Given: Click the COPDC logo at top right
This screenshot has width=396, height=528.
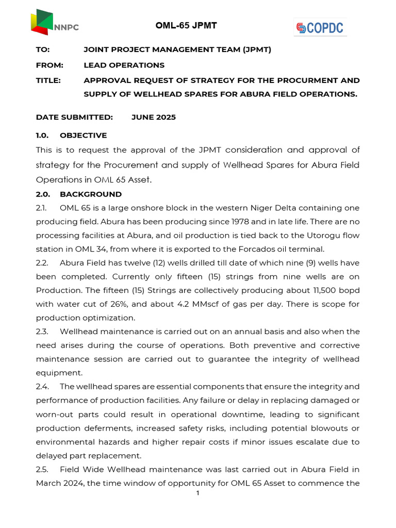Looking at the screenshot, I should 320,27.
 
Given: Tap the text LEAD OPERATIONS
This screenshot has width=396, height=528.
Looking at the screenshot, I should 124,65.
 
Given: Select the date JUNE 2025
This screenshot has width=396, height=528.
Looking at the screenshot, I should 154,117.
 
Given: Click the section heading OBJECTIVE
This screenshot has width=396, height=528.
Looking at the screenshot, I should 83,136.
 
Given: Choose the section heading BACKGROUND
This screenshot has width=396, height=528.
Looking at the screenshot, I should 91,194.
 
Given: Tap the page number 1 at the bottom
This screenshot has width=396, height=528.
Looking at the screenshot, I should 197,493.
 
